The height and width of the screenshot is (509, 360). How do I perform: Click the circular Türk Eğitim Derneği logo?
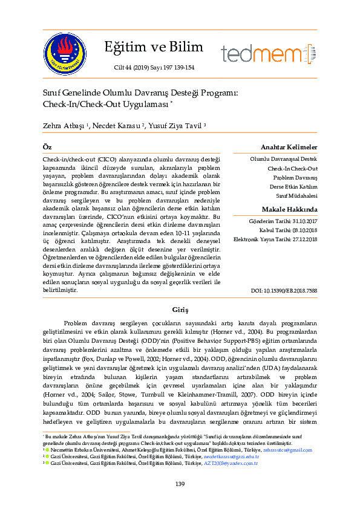click(65, 51)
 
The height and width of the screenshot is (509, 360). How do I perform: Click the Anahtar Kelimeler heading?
click(289, 148)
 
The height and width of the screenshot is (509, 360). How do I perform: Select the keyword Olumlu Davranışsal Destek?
click(284, 160)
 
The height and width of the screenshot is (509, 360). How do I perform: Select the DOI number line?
click(284, 291)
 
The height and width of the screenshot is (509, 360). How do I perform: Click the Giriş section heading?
click(180, 308)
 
